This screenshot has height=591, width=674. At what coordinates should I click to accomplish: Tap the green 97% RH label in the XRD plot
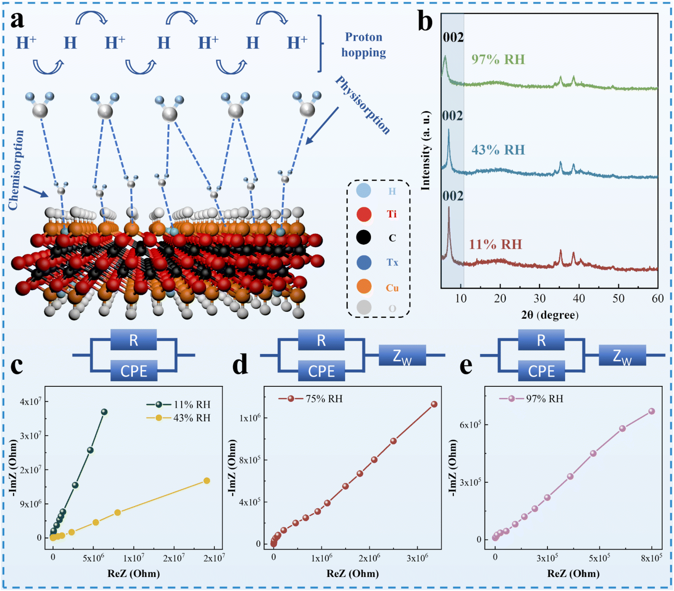498,59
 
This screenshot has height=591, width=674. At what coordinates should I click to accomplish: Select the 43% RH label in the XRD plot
498,150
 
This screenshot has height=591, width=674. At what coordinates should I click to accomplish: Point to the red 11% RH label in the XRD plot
495,244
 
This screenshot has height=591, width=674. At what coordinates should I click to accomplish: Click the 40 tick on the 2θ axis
579,299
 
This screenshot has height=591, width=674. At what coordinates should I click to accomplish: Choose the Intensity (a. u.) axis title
426,151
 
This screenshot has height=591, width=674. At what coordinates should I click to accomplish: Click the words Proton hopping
363,44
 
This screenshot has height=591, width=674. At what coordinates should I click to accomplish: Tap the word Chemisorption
16,170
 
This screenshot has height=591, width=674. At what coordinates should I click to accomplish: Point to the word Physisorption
362,105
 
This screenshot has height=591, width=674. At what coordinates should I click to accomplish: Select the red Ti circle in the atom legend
364,214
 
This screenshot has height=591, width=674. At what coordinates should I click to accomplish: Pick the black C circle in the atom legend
364,238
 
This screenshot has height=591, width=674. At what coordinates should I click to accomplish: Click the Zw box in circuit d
402,355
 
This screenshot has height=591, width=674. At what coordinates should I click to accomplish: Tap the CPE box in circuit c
134,371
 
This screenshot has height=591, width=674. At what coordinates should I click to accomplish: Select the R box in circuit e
541,340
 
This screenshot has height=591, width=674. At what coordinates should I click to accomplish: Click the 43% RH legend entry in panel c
178,418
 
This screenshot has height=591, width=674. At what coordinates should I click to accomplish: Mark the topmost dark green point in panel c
104,412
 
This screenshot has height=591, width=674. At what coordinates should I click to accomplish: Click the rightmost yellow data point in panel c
207,481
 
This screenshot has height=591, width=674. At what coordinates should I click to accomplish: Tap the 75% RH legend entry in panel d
310,399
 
